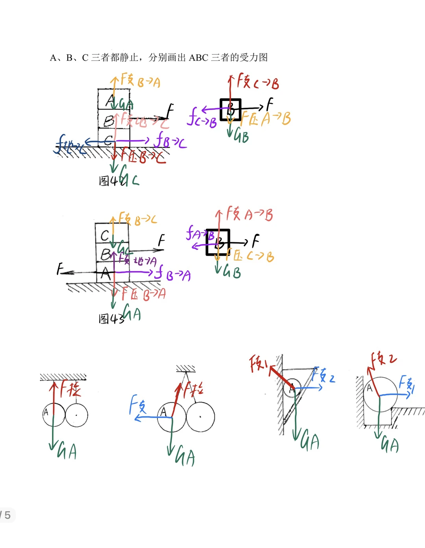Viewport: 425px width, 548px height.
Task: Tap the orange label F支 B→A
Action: point(140,80)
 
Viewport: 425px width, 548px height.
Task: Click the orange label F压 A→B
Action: point(266,118)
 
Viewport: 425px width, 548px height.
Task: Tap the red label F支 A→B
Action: point(249,214)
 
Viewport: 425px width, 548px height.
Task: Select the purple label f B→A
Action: point(173,273)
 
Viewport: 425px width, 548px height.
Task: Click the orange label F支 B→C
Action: point(137,219)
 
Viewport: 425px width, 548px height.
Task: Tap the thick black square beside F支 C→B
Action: point(230,110)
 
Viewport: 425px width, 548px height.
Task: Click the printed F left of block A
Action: point(60,269)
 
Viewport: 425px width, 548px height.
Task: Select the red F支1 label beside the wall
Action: point(259,363)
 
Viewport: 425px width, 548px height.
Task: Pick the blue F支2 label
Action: point(323,375)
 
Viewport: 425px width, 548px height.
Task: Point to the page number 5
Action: point(7,515)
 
